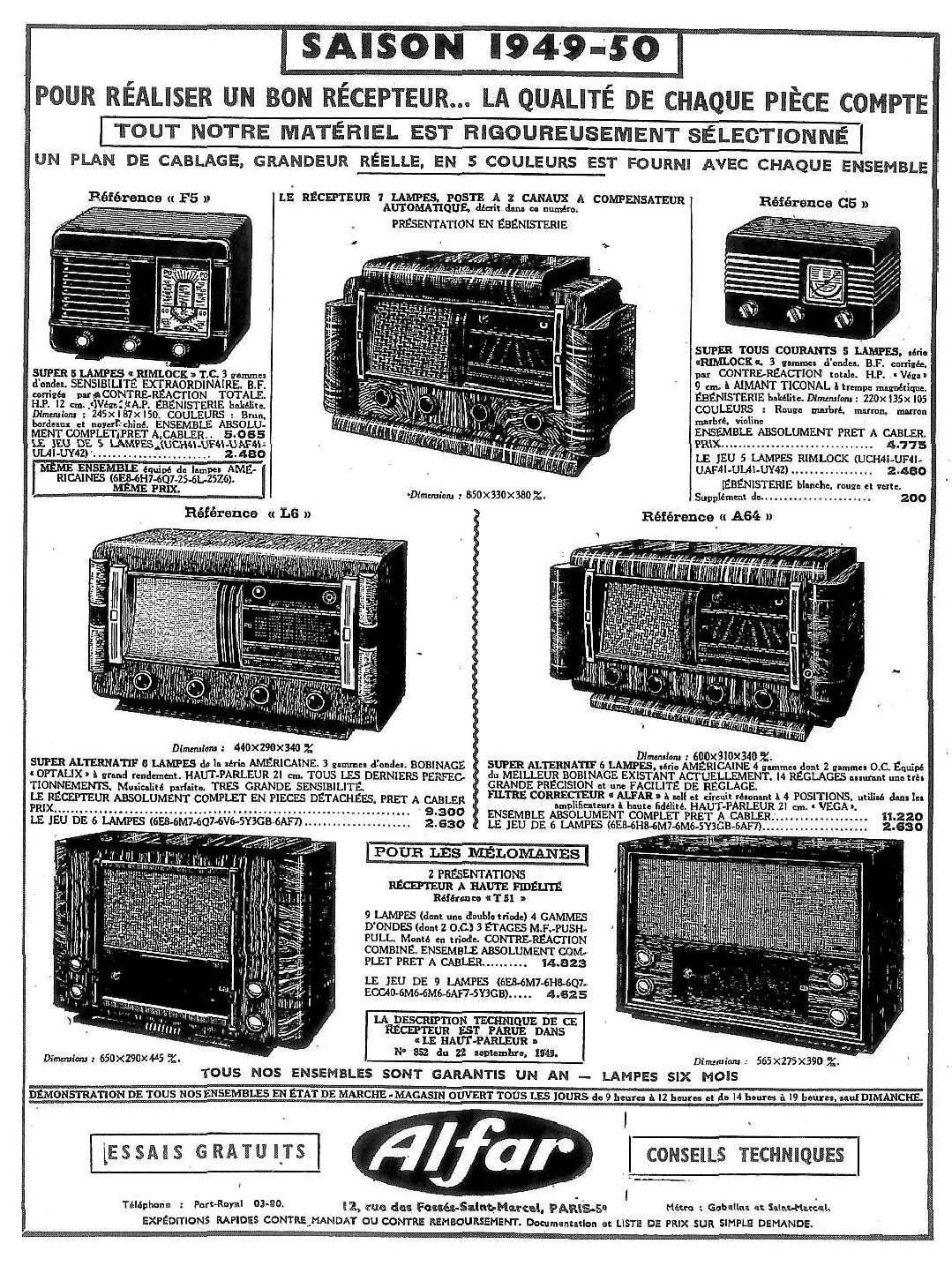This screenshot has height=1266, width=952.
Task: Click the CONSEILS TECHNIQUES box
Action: pyautogui.click(x=745, y=1154)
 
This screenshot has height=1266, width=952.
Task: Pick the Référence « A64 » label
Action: pyautogui.click(x=708, y=516)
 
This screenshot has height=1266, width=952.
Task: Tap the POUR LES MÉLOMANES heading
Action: pyautogui.click(x=477, y=852)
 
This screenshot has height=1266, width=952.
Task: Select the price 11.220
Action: pyautogui.click(x=901, y=816)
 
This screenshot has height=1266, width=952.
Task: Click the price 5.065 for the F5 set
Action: pyautogui.click(x=248, y=435)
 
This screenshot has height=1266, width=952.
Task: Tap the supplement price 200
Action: pyautogui.click(x=913, y=498)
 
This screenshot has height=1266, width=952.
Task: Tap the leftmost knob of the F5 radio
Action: pyautogui.click(x=84, y=341)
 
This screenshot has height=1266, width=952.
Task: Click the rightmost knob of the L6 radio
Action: pyautogui.click(x=313, y=702)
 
